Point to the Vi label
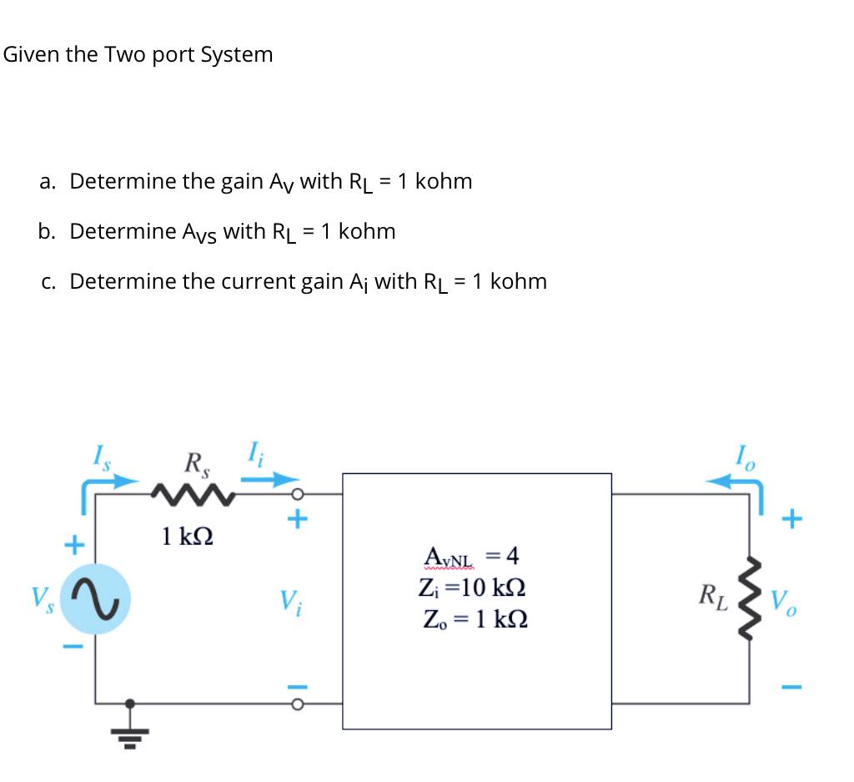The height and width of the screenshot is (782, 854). click(289, 600)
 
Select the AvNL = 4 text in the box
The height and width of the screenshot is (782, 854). click(471, 555)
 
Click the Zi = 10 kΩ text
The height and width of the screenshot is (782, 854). click(472, 588)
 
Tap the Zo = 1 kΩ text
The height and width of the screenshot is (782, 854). click(472, 620)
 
